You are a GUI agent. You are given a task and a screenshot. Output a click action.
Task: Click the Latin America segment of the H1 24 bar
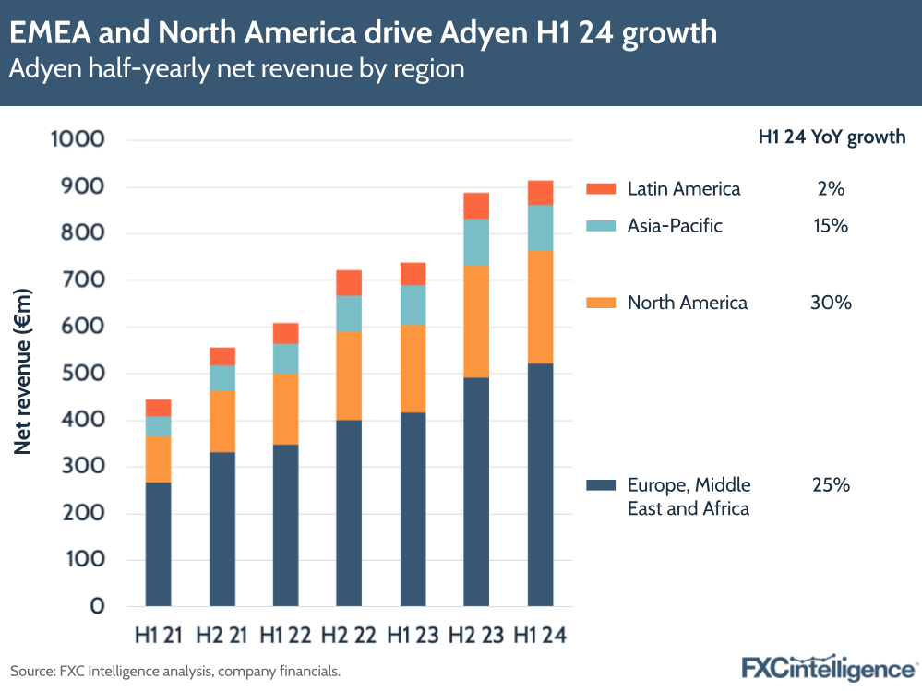[540, 193]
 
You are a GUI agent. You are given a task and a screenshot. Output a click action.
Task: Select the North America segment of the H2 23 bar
[476, 321]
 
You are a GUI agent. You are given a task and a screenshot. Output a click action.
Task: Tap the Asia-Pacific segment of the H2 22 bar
[349, 314]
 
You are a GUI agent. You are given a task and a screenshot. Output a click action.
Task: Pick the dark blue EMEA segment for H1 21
[158, 544]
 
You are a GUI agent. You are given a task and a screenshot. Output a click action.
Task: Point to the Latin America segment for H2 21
[222, 356]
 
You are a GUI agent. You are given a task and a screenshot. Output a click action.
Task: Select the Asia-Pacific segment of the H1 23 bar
[413, 304]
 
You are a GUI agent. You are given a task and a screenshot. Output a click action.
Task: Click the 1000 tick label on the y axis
[79, 140]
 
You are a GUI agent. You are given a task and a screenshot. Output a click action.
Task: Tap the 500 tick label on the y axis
[85, 374]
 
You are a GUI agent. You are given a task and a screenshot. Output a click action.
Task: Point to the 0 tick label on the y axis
[97, 607]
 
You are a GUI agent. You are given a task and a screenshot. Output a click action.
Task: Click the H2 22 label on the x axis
[348, 636]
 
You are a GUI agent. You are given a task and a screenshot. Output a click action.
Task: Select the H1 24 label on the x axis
[540, 636]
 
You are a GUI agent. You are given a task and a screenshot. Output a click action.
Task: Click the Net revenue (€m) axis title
[24, 372]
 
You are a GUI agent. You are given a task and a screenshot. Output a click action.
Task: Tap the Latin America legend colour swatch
[600, 189]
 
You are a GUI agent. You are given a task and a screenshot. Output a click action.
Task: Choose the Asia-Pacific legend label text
[675, 226]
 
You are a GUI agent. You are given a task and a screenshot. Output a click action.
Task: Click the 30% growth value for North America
[831, 303]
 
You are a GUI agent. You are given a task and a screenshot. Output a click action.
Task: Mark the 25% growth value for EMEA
[831, 485]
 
